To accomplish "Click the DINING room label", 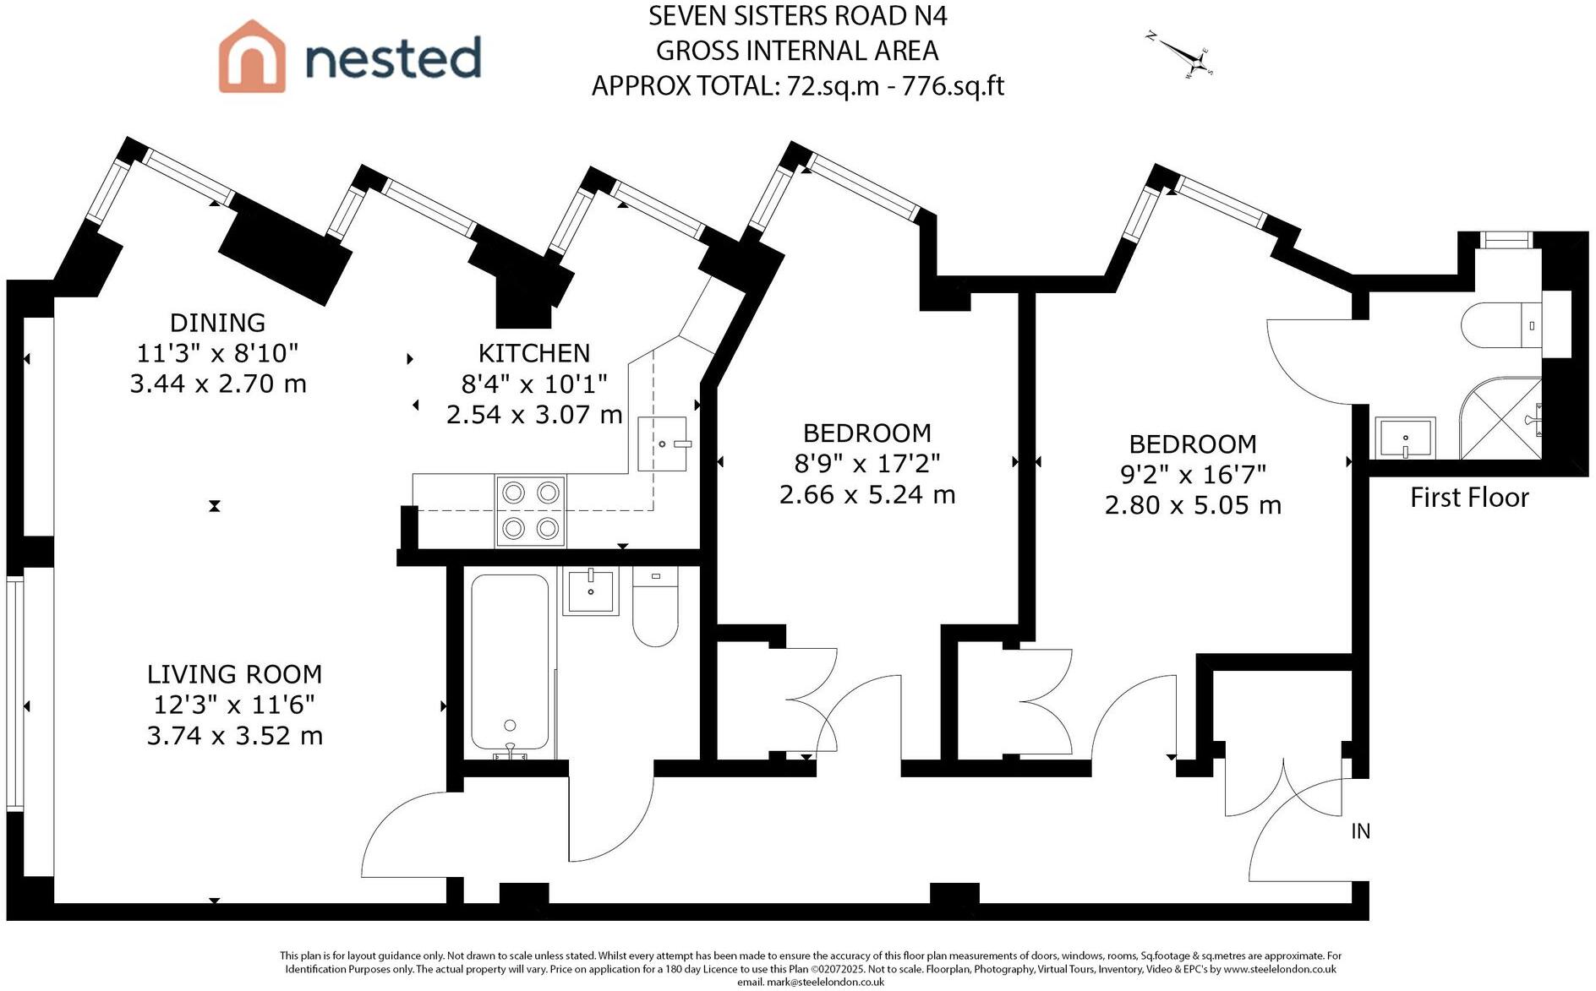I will [217, 323].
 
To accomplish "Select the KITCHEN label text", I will [533, 353].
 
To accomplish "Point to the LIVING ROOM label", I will [234, 674].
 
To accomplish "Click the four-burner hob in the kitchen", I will [531, 510].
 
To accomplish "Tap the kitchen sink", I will [663, 444].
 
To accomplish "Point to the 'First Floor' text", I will [1469, 498].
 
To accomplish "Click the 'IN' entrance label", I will [1360, 831].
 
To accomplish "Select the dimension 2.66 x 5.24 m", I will [867, 494].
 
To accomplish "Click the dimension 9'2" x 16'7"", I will [1193, 475].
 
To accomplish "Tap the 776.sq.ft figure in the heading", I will [953, 86].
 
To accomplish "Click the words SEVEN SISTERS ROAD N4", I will [797, 15].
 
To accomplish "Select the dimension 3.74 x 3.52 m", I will [234, 736].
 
